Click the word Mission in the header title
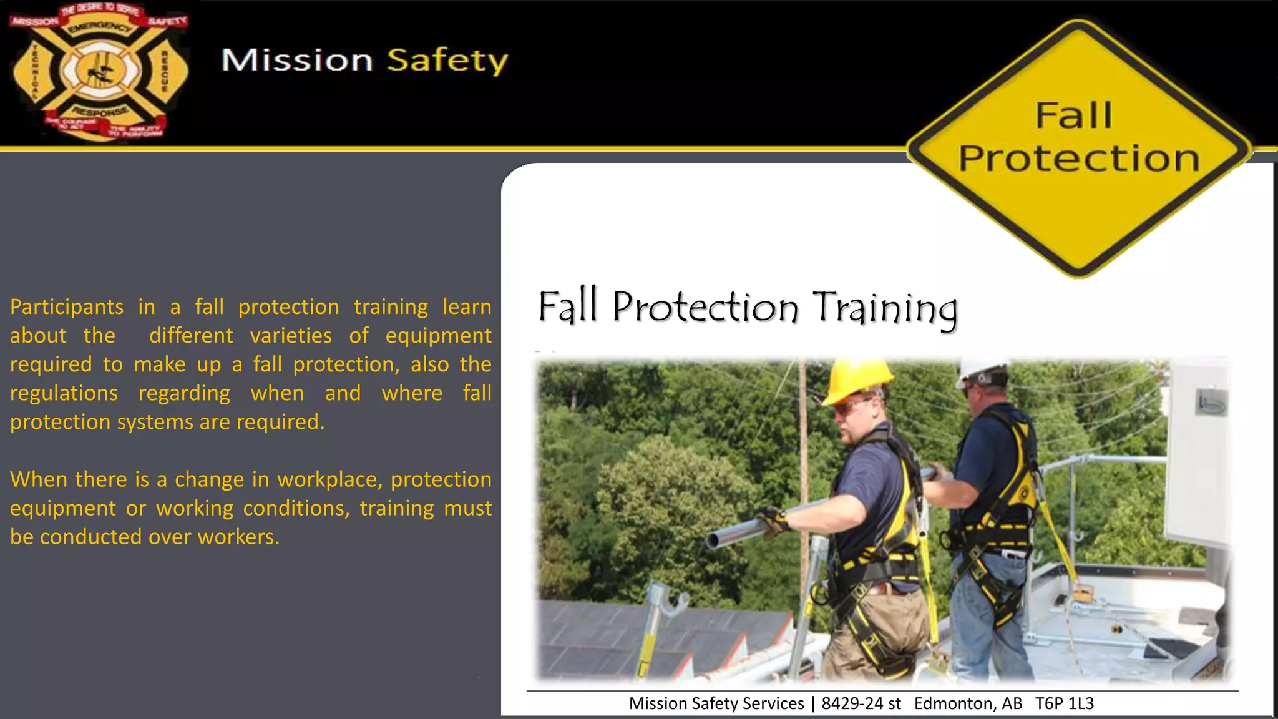pyautogui.click(x=297, y=61)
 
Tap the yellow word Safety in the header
pyautogui.click(x=447, y=61)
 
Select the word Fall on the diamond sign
pyautogui.click(x=1074, y=116)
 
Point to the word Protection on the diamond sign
pyautogui.click(x=1079, y=159)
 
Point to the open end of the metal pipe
pyautogui.click(x=713, y=540)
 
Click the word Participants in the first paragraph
pyautogui.click(x=67, y=307)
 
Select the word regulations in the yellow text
pyautogui.click(x=64, y=393)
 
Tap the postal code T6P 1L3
pyautogui.click(x=1064, y=703)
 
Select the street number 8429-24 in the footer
pyautogui.click(x=852, y=703)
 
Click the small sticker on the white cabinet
pyautogui.click(x=1211, y=403)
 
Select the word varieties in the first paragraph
pyautogui.click(x=291, y=336)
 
